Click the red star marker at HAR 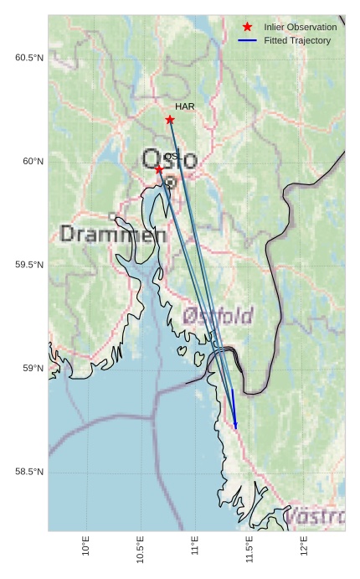coord(170,120)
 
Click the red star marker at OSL coord(159,169)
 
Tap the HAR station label coord(185,106)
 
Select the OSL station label coord(172,157)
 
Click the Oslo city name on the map coord(169,159)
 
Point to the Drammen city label coord(113,235)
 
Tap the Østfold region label coord(218,316)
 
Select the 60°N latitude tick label coord(33,161)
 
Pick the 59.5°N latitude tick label coord(28,265)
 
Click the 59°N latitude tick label coord(33,369)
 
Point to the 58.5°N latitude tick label coord(28,473)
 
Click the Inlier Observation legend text coord(300,27)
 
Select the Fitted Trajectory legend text coord(297,40)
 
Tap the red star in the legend coord(247,27)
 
